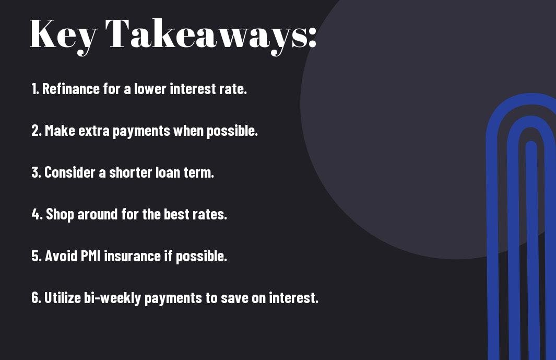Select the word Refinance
pyautogui.click(x=71, y=89)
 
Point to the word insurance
pyautogui.click(x=132, y=256)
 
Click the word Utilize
pyautogui.click(x=63, y=297)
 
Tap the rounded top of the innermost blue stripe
pyautogui.click(x=531, y=145)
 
